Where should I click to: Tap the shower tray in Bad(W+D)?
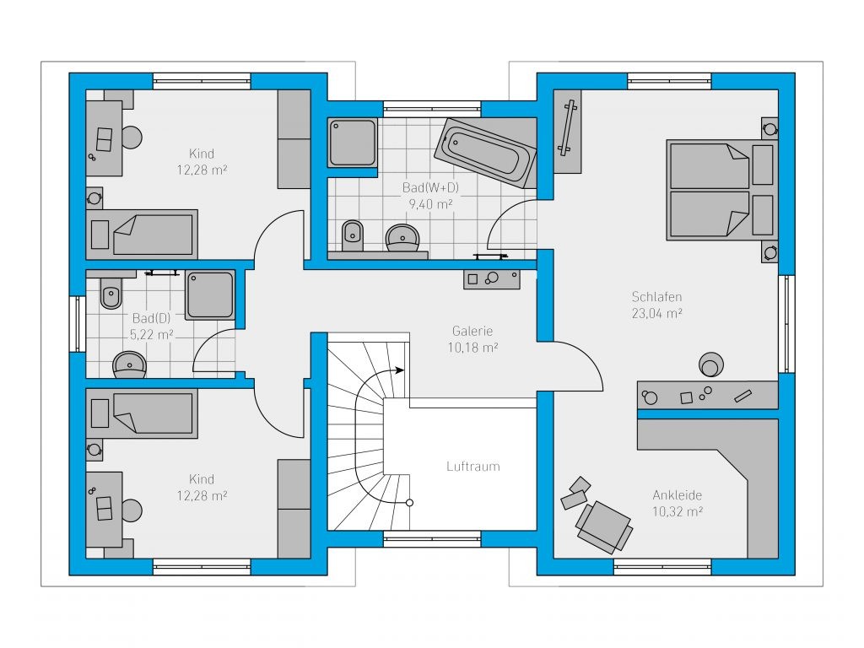coord(353,142)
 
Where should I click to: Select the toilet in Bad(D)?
coord(111,292)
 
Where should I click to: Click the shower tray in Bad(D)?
coord(210,294)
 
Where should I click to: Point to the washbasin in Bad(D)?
coord(129,364)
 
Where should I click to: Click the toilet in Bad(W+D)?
coord(353,236)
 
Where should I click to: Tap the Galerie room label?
coord(472,331)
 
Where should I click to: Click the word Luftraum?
coord(473,467)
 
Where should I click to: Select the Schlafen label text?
coord(656,297)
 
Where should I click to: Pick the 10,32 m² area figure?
coord(678,512)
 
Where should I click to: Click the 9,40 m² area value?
coord(430,204)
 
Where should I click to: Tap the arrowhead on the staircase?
coord(400,370)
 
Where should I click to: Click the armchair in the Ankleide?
coord(604,526)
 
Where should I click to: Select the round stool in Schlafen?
coord(711,364)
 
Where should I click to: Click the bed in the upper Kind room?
coord(142,235)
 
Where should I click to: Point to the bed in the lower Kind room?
coord(142,413)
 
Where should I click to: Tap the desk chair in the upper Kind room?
coord(132,138)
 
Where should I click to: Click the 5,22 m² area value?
coord(152,334)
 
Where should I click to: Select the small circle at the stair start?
coord(409,503)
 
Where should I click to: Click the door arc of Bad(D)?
coord(208,341)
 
